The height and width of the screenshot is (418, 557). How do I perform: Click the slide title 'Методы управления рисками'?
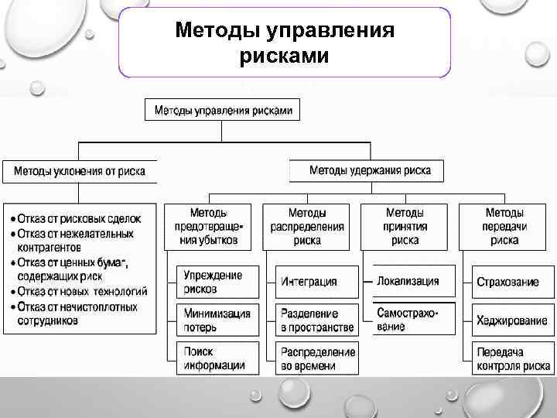[x=284, y=43]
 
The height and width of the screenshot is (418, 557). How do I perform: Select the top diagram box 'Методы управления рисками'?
[x=223, y=110]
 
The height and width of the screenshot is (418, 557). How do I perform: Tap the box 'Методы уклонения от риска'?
[x=79, y=171]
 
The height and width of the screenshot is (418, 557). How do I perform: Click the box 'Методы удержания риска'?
[x=370, y=170]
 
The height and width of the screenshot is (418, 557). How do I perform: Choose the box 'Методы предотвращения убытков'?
[x=208, y=226]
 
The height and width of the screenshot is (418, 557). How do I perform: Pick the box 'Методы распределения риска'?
[x=307, y=226]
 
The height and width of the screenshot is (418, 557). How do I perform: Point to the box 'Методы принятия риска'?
[x=405, y=226]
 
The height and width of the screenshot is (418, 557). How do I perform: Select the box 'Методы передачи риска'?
[x=504, y=226]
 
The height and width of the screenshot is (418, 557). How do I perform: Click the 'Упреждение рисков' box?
[x=213, y=282]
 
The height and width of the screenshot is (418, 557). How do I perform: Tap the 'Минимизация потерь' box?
[x=217, y=320]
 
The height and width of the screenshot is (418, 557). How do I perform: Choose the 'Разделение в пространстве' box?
[x=317, y=320]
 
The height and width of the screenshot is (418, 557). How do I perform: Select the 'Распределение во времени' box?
[x=318, y=358]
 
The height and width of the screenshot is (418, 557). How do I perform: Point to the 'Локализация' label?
[x=408, y=281]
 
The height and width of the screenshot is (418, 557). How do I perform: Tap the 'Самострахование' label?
[x=407, y=319]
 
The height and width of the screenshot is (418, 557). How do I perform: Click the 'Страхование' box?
[x=507, y=282]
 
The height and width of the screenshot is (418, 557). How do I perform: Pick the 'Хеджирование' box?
[x=511, y=320]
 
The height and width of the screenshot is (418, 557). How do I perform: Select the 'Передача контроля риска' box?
[x=511, y=358]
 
